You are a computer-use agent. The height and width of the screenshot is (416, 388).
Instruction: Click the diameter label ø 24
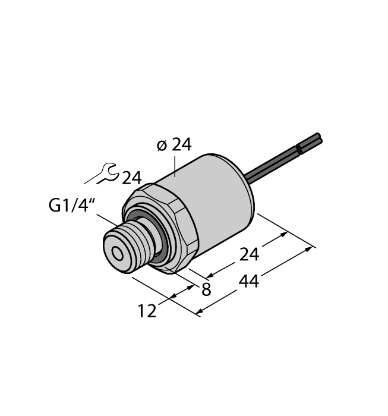pyautogui.click(x=174, y=145)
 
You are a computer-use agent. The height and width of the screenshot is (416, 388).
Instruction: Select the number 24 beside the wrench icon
pyautogui.click(x=132, y=178)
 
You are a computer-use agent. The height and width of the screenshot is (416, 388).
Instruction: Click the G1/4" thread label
pyautogui.click(x=71, y=206)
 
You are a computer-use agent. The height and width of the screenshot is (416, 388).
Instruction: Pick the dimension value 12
pyautogui.click(x=147, y=310)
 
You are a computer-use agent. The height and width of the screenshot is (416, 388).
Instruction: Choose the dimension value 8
pyautogui.click(x=207, y=291)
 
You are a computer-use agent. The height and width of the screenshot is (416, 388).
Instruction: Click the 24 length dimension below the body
pyautogui.click(x=250, y=254)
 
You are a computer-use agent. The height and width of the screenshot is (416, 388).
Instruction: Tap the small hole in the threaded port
pyautogui.click(x=118, y=254)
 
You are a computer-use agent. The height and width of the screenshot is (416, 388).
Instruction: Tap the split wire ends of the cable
pyautogui.click(x=311, y=141)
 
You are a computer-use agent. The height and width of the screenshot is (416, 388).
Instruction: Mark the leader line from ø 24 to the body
pyautogui.click(x=175, y=166)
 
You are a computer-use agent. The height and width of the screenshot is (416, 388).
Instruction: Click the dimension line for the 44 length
pyautogui.click(x=255, y=279)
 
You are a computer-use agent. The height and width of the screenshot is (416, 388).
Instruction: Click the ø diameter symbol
pyautogui.click(x=162, y=146)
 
